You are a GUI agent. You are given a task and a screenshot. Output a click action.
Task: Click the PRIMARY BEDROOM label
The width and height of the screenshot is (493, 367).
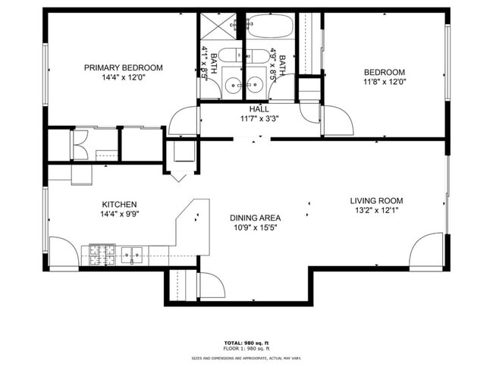[x=123, y=67]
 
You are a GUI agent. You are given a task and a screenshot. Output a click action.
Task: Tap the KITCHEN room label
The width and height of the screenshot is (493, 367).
[x=119, y=204]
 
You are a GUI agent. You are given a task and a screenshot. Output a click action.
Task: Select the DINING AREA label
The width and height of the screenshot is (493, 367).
[x=254, y=218]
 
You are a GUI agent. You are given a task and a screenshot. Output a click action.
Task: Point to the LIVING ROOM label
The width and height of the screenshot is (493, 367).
[x=376, y=201]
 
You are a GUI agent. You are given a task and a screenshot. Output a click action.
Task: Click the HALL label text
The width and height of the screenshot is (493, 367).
[x=260, y=109]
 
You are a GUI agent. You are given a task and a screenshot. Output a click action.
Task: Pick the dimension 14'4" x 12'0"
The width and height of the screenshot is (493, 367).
[x=123, y=77]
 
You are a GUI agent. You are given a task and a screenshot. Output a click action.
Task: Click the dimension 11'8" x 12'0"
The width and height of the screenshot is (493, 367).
[x=383, y=82]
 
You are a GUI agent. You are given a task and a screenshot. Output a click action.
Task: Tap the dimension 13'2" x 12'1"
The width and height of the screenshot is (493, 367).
[x=376, y=211]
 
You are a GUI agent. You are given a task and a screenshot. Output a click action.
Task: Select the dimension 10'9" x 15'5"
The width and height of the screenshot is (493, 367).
[x=254, y=227]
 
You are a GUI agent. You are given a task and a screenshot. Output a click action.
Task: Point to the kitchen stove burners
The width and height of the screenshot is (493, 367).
[x=101, y=254]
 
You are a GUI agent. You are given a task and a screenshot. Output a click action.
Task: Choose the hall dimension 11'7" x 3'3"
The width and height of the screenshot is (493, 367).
[x=260, y=119]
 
